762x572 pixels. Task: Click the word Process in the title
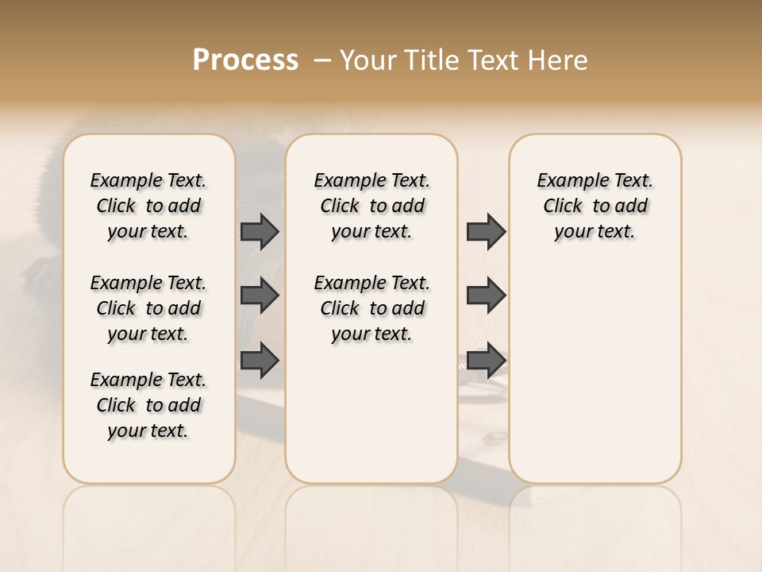(245, 60)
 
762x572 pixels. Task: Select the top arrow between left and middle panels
(260, 231)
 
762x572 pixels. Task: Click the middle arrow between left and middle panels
(260, 296)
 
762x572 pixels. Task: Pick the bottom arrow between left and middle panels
(260, 361)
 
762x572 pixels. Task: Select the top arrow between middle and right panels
(486, 231)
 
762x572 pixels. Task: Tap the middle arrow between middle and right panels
(486, 296)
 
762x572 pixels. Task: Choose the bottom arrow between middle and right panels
(486, 361)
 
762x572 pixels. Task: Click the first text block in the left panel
(148, 206)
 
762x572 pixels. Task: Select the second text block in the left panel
(148, 308)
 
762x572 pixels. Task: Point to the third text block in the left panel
(148, 405)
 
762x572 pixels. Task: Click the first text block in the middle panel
(371, 206)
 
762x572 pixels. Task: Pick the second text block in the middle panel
(371, 308)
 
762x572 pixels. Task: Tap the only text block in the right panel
(595, 206)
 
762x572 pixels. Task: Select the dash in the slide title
(322, 60)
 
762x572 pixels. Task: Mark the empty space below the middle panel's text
(371, 413)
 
